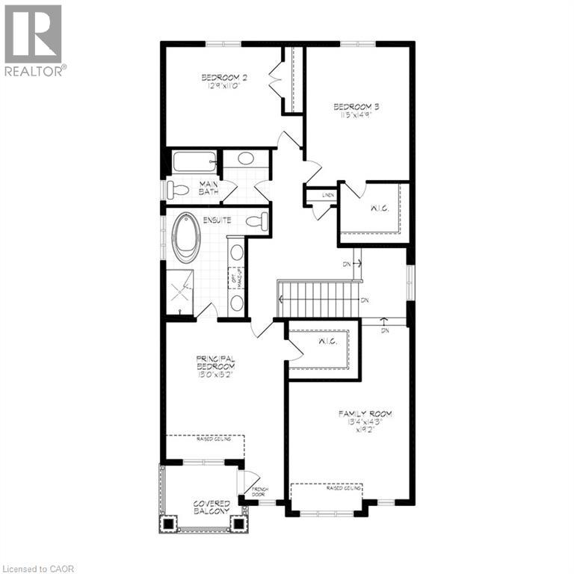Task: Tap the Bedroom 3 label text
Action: tap(353, 111)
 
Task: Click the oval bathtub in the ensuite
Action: tap(186, 237)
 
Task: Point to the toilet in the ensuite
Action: tap(255, 221)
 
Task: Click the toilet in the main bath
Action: tap(177, 188)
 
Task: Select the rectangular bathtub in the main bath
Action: tap(194, 161)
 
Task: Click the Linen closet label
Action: tap(327, 195)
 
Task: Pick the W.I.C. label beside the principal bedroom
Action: tap(327, 342)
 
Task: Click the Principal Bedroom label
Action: tap(216, 366)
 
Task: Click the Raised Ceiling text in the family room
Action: tap(345, 487)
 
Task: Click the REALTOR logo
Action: tap(34, 41)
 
